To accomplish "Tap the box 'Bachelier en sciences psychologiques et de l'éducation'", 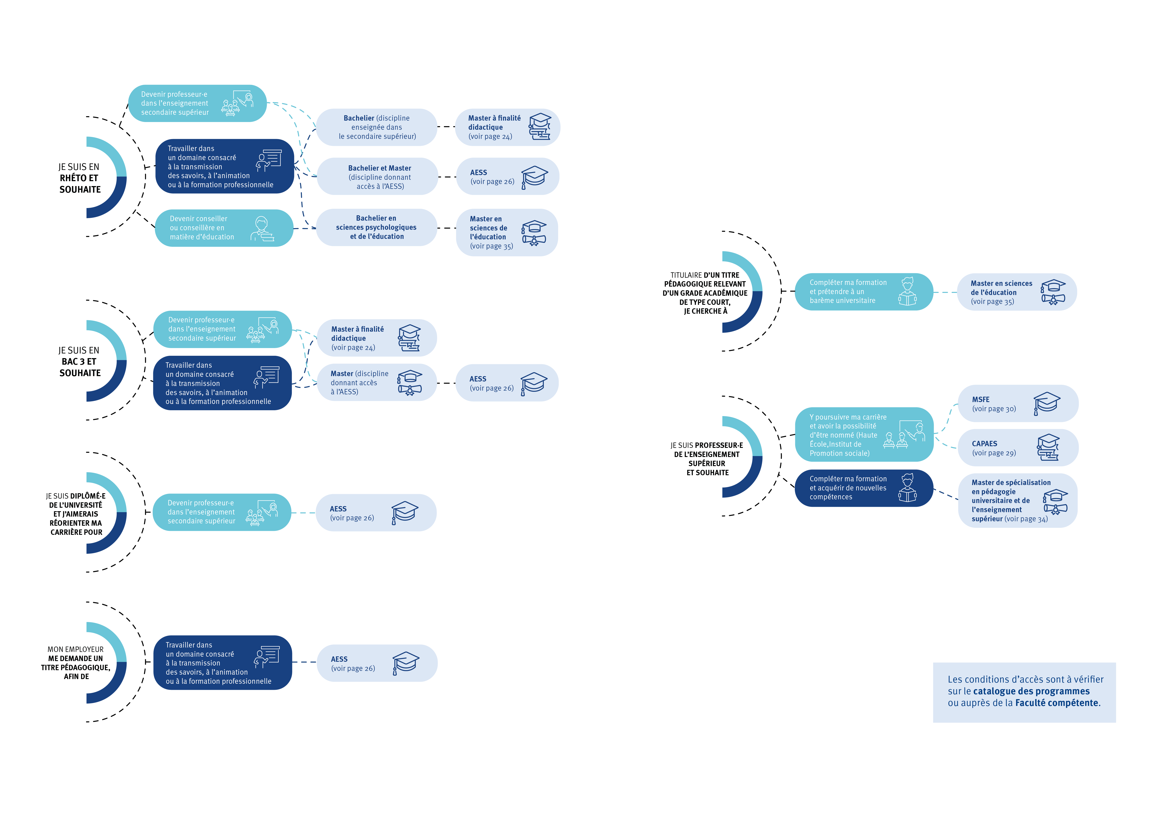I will tap(376, 227).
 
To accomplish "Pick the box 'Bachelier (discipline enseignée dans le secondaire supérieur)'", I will tap(377, 127).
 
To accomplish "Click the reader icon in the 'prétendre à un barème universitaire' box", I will tap(907, 292).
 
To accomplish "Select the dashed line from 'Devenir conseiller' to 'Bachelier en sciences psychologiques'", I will tap(304, 228).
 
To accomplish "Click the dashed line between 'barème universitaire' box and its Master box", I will tap(945, 292).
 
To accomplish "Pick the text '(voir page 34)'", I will tap(1026, 519).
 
